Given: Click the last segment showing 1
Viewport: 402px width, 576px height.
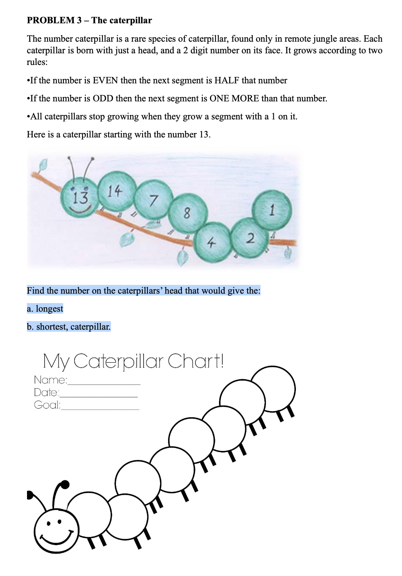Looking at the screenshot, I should click(x=273, y=210).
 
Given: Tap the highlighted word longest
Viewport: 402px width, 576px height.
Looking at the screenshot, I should click(x=49, y=309).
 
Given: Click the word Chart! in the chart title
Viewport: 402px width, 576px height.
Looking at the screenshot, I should click(x=195, y=361).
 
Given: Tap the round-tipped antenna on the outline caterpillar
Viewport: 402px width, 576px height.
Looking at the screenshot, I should click(x=64, y=485).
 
